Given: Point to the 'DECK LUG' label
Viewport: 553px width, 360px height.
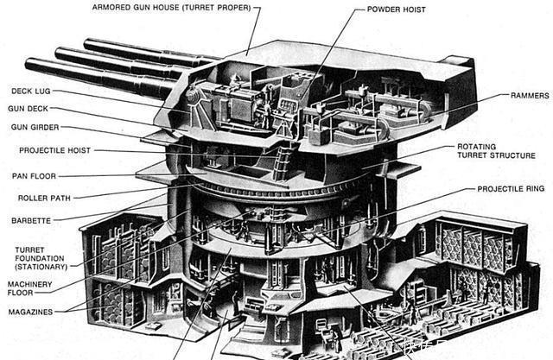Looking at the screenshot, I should tap(34, 91).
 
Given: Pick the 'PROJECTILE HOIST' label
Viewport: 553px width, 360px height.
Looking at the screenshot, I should tap(54, 150).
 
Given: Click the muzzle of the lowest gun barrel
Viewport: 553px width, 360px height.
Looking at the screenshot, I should tap(29, 64).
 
